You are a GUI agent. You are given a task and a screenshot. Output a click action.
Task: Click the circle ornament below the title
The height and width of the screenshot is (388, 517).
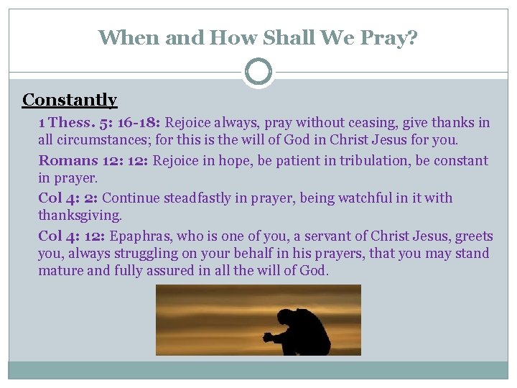[x=258, y=73]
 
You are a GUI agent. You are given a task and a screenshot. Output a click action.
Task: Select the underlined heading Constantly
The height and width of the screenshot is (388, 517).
[x=70, y=100]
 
